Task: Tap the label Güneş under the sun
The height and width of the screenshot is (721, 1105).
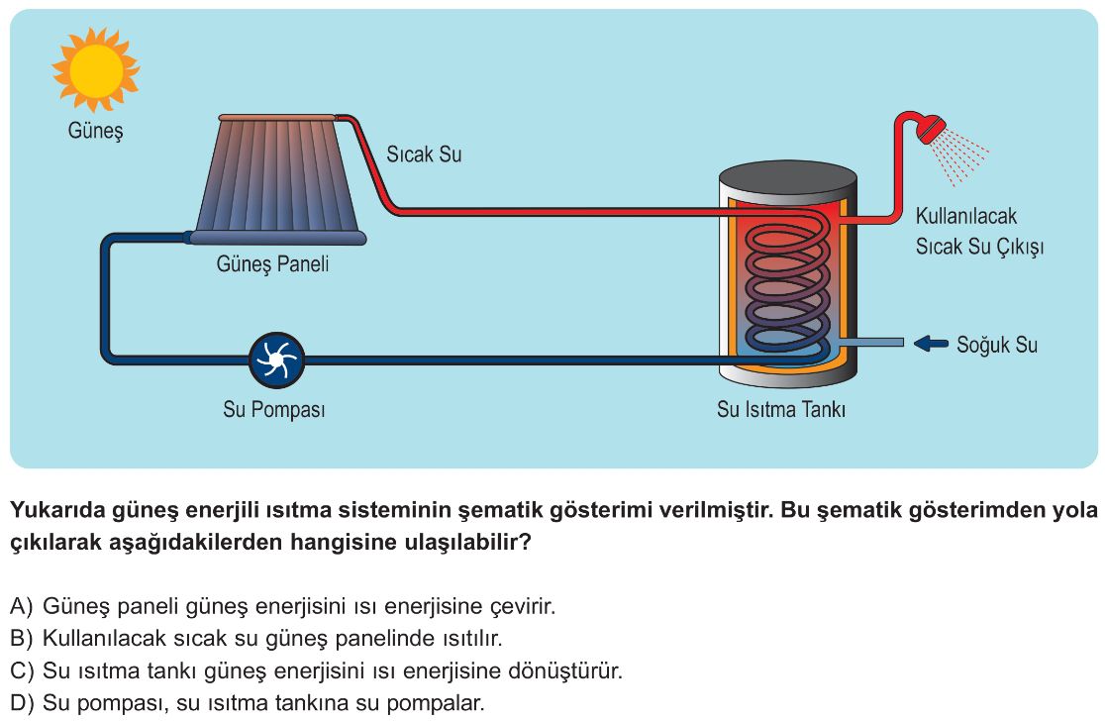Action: pyautogui.click(x=95, y=130)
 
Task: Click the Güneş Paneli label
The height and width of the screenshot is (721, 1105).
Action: pyautogui.click(x=272, y=264)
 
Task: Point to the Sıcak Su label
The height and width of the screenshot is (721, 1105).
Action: pyautogui.click(x=424, y=154)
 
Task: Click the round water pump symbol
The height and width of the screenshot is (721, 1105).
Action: pyautogui.click(x=274, y=360)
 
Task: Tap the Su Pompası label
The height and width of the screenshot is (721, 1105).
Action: pyautogui.click(x=274, y=410)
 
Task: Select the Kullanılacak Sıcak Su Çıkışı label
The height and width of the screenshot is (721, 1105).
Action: pyautogui.click(x=978, y=231)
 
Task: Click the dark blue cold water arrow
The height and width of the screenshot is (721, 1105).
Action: pyautogui.click(x=930, y=344)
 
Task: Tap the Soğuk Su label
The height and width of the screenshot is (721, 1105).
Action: pyautogui.click(x=997, y=345)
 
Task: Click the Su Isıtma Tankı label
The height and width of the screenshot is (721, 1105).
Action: pyautogui.click(x=781, y=410)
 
